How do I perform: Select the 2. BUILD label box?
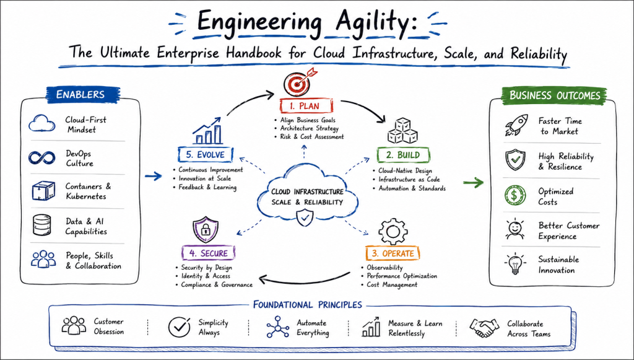tap(403, 155)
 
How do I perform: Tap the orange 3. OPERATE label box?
tap(393, 253)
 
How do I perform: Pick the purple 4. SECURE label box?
tap(209, 253)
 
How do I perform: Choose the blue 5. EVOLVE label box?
tap(206, 154)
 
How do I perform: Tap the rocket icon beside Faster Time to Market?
tap(516, 125)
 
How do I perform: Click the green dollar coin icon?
tap(515, 195)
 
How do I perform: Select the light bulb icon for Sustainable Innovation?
tap(515, 264)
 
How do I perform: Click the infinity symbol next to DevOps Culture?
tap(41, 157)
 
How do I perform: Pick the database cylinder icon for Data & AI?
tap(42, 226)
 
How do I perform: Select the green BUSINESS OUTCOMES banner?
tap(554, 95)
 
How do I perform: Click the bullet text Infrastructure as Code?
tap(409, 179)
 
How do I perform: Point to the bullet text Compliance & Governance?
tap(217, 285)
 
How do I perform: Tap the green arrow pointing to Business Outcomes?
tap(473, 183)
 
